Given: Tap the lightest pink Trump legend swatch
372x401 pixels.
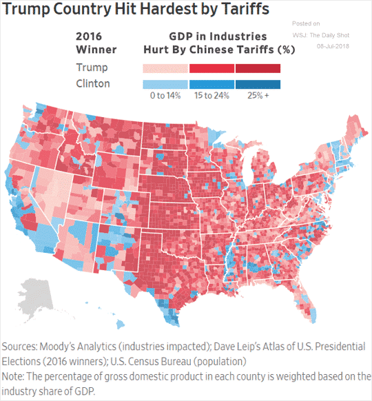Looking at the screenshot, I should point(165,68).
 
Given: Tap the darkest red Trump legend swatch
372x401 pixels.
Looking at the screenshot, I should point(258,68).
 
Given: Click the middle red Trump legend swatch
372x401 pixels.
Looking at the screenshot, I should point(211,68).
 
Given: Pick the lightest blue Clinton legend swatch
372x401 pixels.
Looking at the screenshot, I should point(165,84).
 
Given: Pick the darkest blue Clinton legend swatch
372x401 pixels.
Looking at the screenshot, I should point(258,84).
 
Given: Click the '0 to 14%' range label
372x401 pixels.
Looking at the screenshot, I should point(165,96).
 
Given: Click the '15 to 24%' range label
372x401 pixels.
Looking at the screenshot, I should point(211,96).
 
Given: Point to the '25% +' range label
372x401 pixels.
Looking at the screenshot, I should point(258,96).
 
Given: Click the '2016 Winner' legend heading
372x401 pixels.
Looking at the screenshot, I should point(95,43).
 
